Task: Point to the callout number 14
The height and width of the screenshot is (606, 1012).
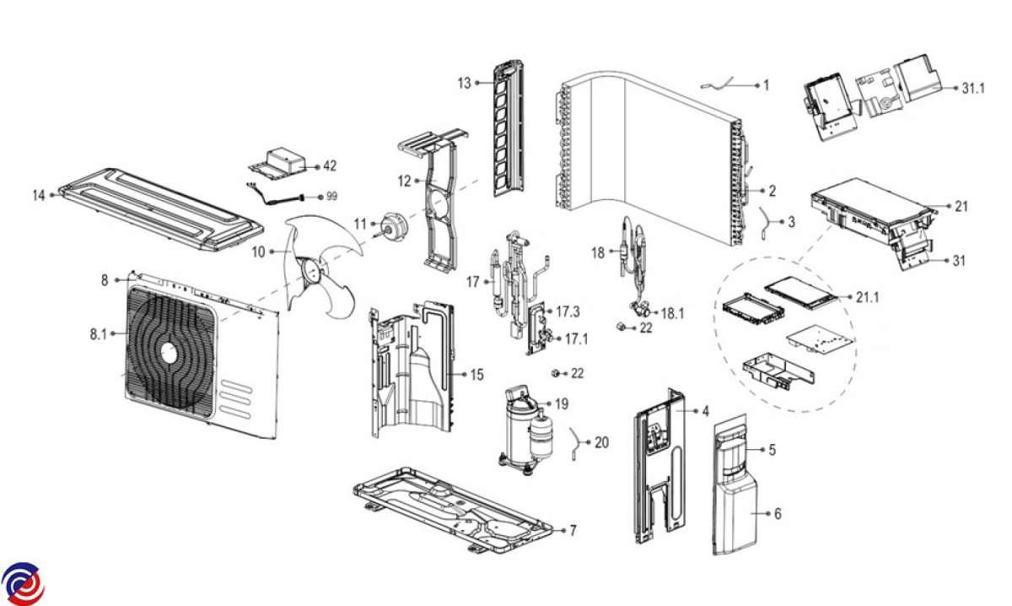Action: (x=39, y=195)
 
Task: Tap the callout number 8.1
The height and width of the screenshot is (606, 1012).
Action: (x=100, y=334)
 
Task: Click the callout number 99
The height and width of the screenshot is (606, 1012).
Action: (x=331, y=196)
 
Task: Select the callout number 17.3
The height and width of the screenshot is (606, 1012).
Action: (x=568, y=311)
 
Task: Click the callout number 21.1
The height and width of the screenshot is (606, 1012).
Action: (x=868, y=298)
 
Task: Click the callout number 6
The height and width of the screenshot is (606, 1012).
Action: (x=778, y=513)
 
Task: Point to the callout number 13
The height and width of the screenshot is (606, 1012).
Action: (x=464, y=83)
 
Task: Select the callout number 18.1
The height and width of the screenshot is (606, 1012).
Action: (x=672, y=312)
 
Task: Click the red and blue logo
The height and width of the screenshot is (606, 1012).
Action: (x=22, y=582)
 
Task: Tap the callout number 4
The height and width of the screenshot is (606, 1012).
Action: (x=705, y=411)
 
